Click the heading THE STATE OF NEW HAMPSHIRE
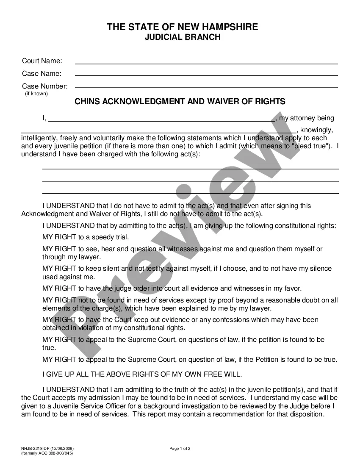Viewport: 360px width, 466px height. [182, 27]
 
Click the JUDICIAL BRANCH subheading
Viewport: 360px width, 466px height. [183, 37]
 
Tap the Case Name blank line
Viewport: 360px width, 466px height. [206, 75]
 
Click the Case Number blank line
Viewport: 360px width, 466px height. [206, 86]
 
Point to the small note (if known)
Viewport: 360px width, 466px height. [36, 94]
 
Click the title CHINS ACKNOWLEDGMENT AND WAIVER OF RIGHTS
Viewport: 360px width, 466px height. [180, 102]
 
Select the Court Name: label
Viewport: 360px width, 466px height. [42, 61]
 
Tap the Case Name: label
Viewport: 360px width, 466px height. [42, 73]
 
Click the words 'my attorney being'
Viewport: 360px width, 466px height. [306, 118]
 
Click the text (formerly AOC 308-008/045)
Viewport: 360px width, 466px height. [47, 453]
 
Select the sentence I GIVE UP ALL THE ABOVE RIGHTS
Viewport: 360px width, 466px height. [142, 374]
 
